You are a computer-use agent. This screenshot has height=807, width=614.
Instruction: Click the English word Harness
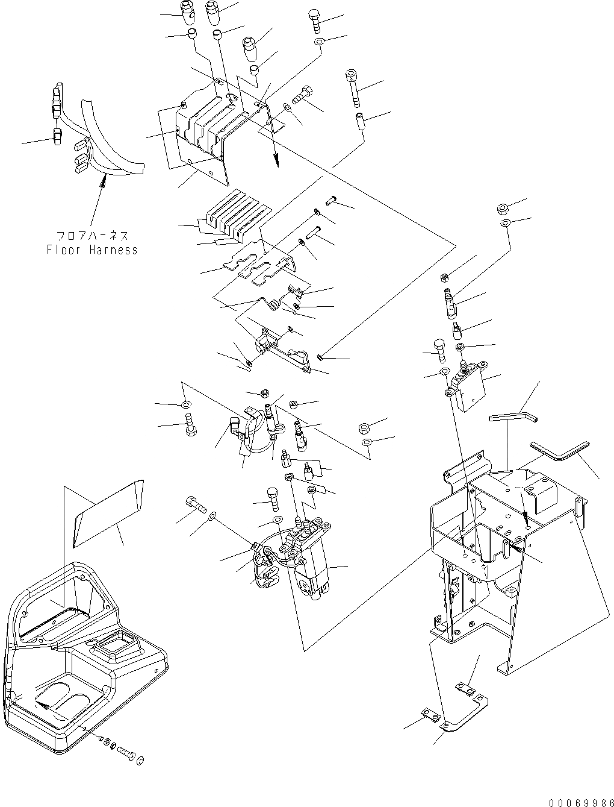111,250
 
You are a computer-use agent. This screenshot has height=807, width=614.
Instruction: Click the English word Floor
64,250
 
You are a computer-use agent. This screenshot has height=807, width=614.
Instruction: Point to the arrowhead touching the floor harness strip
103,175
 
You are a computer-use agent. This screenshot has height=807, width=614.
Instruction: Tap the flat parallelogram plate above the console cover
108,512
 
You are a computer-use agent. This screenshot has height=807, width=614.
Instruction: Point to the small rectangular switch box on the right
470,389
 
